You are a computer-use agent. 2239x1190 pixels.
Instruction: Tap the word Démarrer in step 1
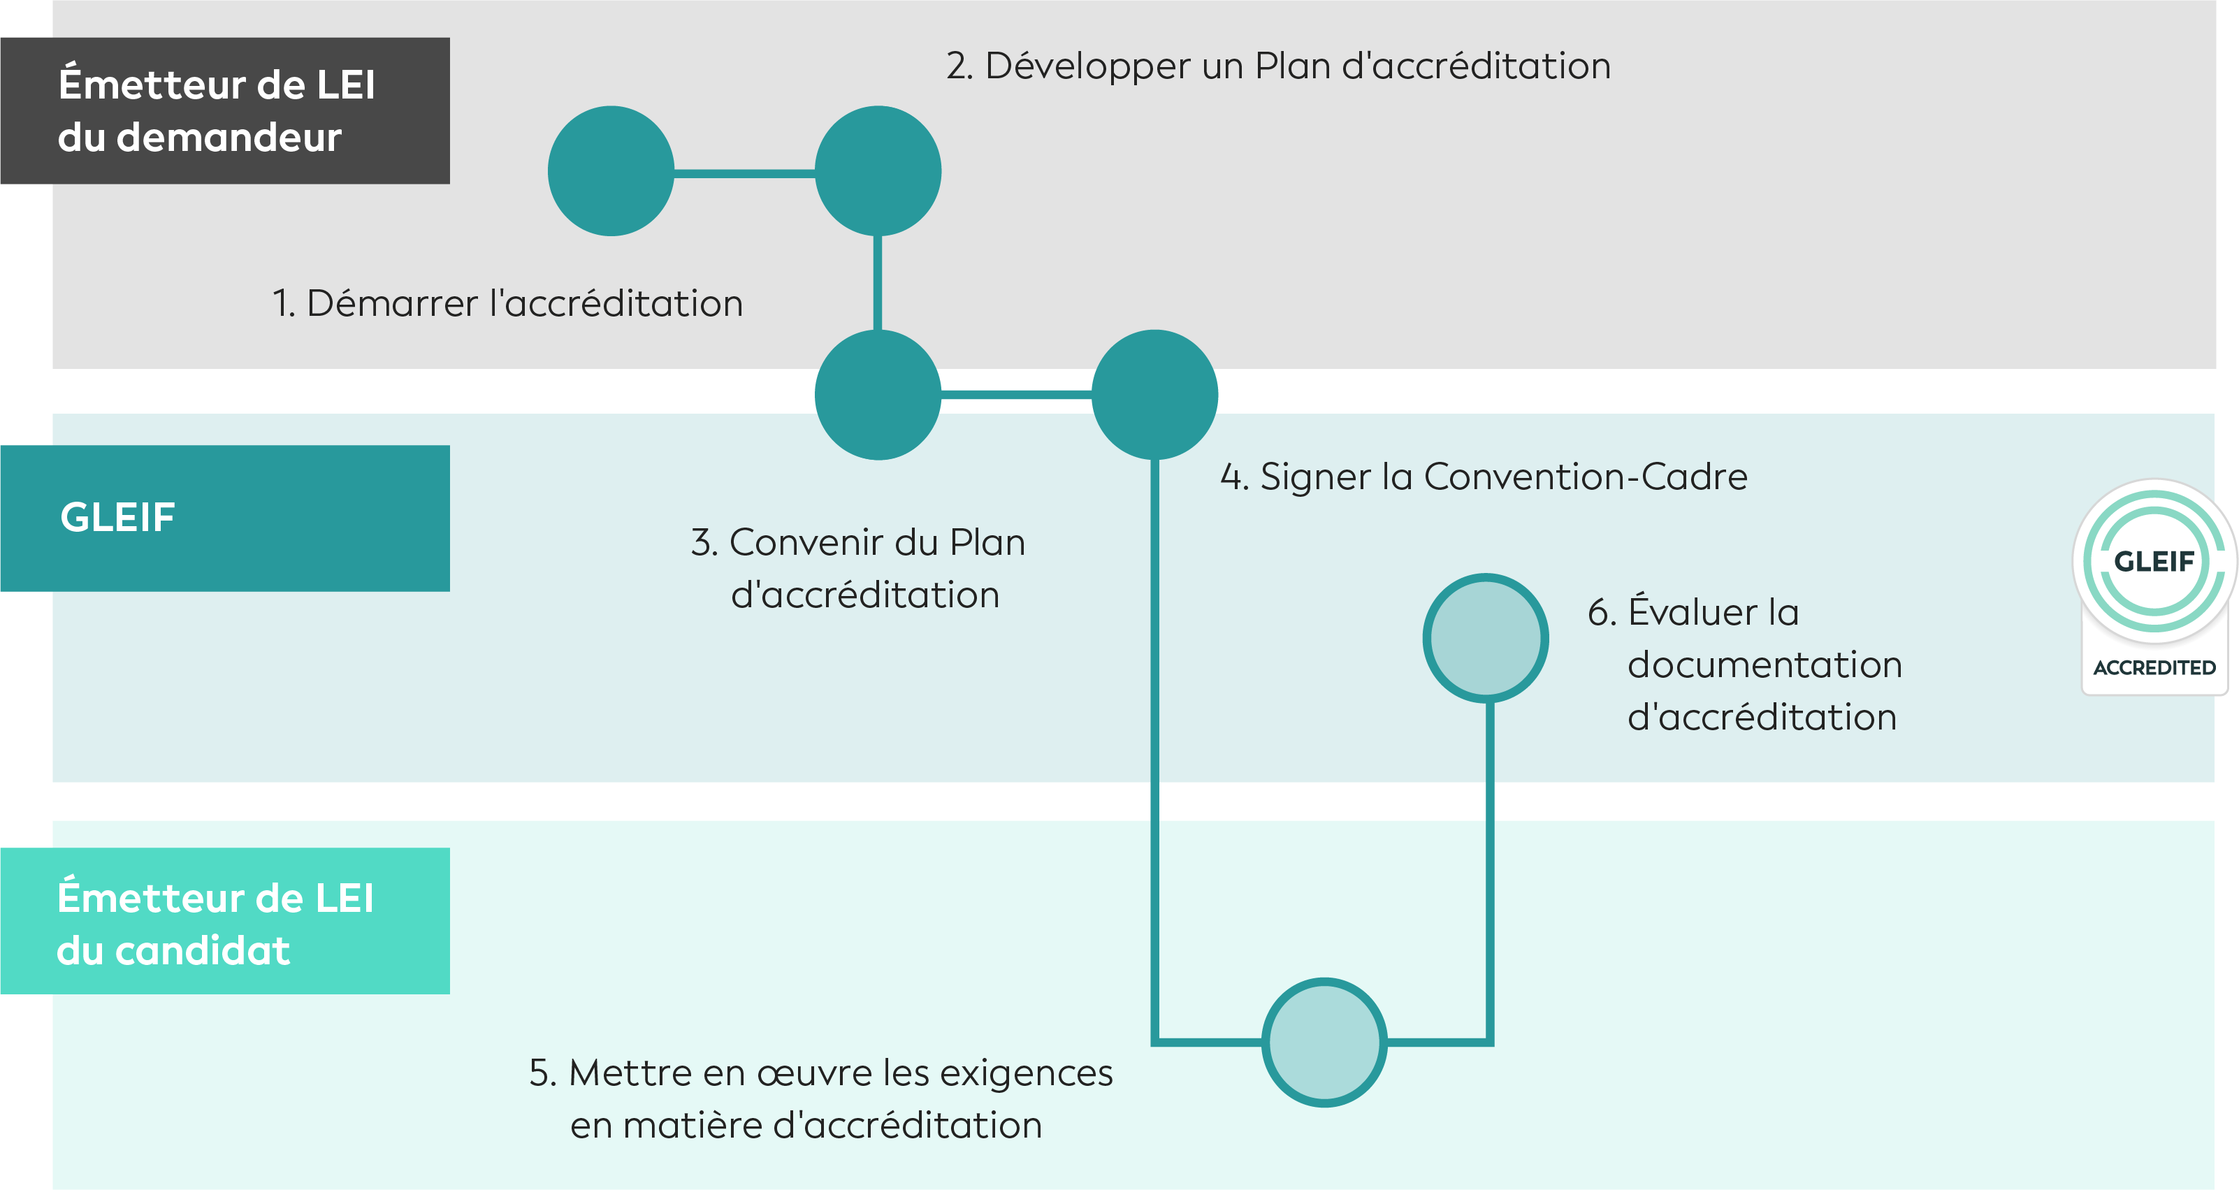(x=392, y=303)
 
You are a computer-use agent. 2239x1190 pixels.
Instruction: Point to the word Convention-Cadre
(x=1586, y=477)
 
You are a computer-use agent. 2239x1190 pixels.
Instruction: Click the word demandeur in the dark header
(x=229, y=138)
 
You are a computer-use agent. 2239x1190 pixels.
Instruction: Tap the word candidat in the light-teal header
(x=203, y=951)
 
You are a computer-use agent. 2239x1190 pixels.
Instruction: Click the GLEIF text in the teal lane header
(x=118, y=517)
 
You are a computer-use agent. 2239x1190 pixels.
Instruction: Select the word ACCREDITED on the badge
(x=2154, y=667)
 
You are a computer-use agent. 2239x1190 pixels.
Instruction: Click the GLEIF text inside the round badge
(x=2154, y=562)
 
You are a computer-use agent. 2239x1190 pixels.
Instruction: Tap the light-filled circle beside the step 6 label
(x=1486, y=638)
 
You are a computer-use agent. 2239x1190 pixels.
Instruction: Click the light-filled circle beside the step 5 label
(x=1324, y=1043)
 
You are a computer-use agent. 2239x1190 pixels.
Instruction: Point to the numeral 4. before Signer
(x=1234, y=477)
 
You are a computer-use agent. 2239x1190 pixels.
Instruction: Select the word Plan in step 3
(x=987, y=542)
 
